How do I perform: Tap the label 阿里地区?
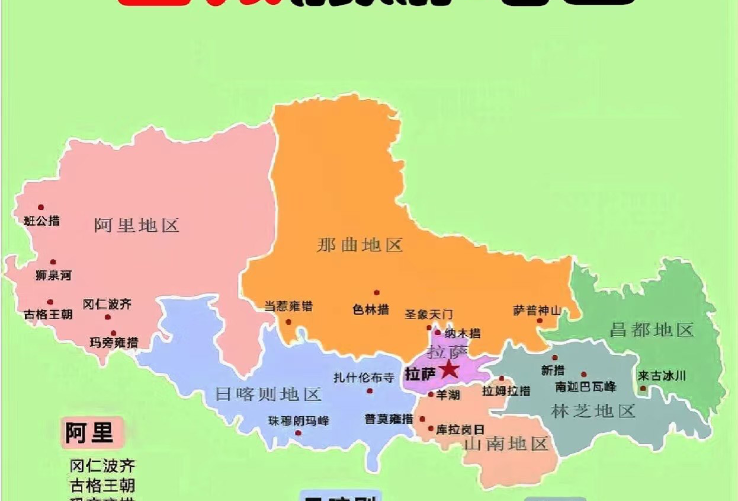[136, 225]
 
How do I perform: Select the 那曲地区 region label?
[360, 245]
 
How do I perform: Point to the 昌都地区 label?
[652, 330]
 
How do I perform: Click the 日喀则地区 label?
[268, 394]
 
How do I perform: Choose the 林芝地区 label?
[593, 410]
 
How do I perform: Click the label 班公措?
[41, 221]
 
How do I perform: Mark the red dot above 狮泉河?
[53, 262]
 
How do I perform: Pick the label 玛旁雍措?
[114, 343]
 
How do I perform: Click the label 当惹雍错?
[288, 307]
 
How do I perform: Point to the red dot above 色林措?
[376, 292]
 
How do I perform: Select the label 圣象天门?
[428, 314]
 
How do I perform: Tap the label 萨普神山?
[537, 310]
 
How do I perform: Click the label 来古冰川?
[662, 375]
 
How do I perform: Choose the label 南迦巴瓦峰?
[585, 387]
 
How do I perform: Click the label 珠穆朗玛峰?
[299, 421]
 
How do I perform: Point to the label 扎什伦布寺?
[364, 378]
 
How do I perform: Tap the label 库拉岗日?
[460, 429]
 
